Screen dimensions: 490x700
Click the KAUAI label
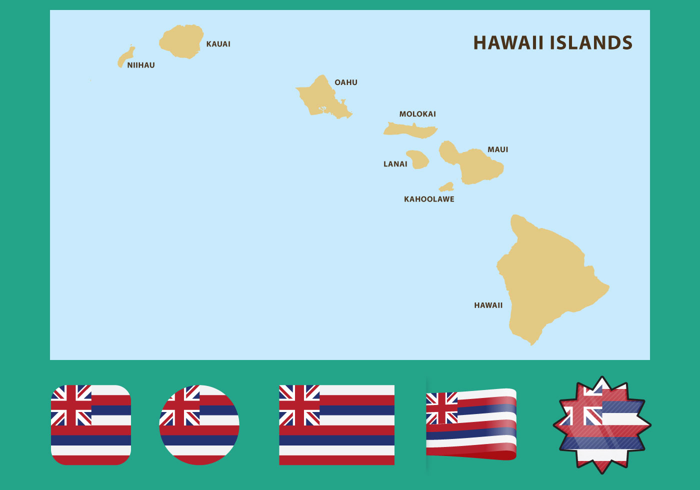pyautogui.click(x=218, y=44)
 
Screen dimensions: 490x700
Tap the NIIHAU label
pyautogui.click(x=140, y=65)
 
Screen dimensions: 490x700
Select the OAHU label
pyautogui.click(x=346, y=82)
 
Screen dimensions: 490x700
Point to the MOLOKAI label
pyautogui.click(x=417, y=114)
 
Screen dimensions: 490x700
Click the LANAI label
pyautogui.click(x=395, y=164)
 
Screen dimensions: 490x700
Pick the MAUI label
pyautogui.click(x=497, y=149)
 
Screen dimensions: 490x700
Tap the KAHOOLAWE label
pyautogui.click(x=429, y=199)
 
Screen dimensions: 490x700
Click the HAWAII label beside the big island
pyautogui.click(x=488, y=305)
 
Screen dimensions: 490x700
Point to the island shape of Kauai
pyautogui.click(x=181, y=42)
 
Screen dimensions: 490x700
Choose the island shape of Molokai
pyautogui.click(x=410, y=130)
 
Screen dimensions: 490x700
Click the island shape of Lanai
pyautogui.click(x=418, y=159)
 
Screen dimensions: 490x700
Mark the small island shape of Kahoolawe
pyautogui.click(x=446, y=187)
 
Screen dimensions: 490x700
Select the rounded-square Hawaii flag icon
pyautogui.click(x=91, y=425)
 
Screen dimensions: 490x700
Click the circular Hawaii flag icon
pyautogui.click(x=199, y=425)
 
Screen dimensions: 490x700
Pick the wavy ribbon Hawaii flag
pyautogui.click(x=471, y=424)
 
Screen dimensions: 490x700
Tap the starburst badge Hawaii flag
pyautogui.click(x=602, y=425)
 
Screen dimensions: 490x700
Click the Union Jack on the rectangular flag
pyautogui.click(x=299, y=405)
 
